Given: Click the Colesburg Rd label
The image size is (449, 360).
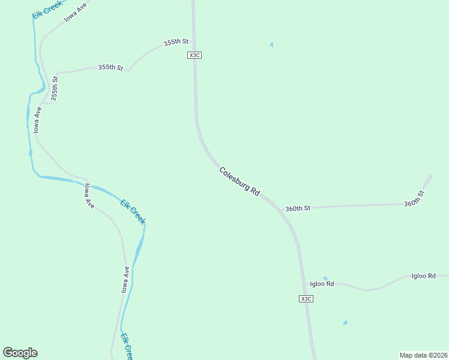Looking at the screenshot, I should (239, 181).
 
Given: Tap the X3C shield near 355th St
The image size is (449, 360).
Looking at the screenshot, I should (194, 55).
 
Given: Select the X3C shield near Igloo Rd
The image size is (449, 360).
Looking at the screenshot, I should (306, 298).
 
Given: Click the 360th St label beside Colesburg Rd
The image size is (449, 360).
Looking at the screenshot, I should (298, 209).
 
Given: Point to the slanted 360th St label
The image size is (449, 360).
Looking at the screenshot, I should (414, 199).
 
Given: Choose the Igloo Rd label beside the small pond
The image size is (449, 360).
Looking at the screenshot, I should (322, 284).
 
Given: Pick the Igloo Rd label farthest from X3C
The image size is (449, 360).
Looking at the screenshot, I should (423, 276).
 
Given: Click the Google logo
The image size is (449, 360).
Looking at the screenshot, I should (20, 353).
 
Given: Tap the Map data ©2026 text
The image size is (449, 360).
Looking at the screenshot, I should (423, 355).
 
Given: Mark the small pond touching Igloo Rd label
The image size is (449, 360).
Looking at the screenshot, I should (325, 278).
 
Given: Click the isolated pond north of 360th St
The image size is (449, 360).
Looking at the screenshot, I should (272, 44).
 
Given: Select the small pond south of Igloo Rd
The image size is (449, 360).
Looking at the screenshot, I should (345, 323).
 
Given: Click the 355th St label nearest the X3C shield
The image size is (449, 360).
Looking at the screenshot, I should (176, 43).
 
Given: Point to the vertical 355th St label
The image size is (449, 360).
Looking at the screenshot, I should (55, 88).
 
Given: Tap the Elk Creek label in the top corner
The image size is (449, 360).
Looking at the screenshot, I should (48, 9).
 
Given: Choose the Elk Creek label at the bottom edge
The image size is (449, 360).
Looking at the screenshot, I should (126, 347).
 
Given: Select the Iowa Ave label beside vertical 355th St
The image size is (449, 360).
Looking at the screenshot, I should (37, 120).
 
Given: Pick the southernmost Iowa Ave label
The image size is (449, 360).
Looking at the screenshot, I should (125, 280).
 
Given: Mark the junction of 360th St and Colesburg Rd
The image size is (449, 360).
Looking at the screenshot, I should (281, 209).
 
